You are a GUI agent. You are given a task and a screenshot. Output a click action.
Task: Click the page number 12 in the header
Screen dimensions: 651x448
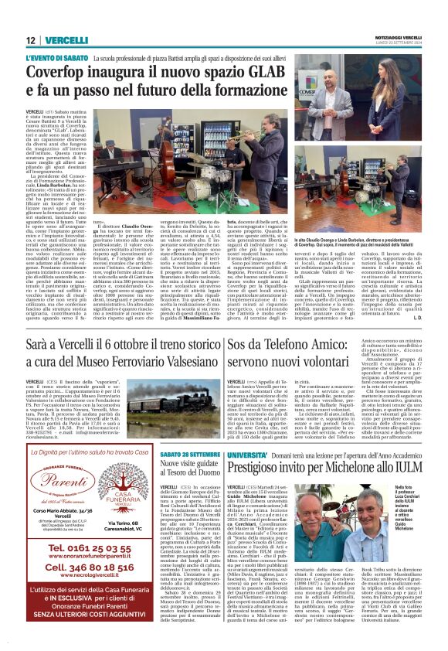(30, 40)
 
